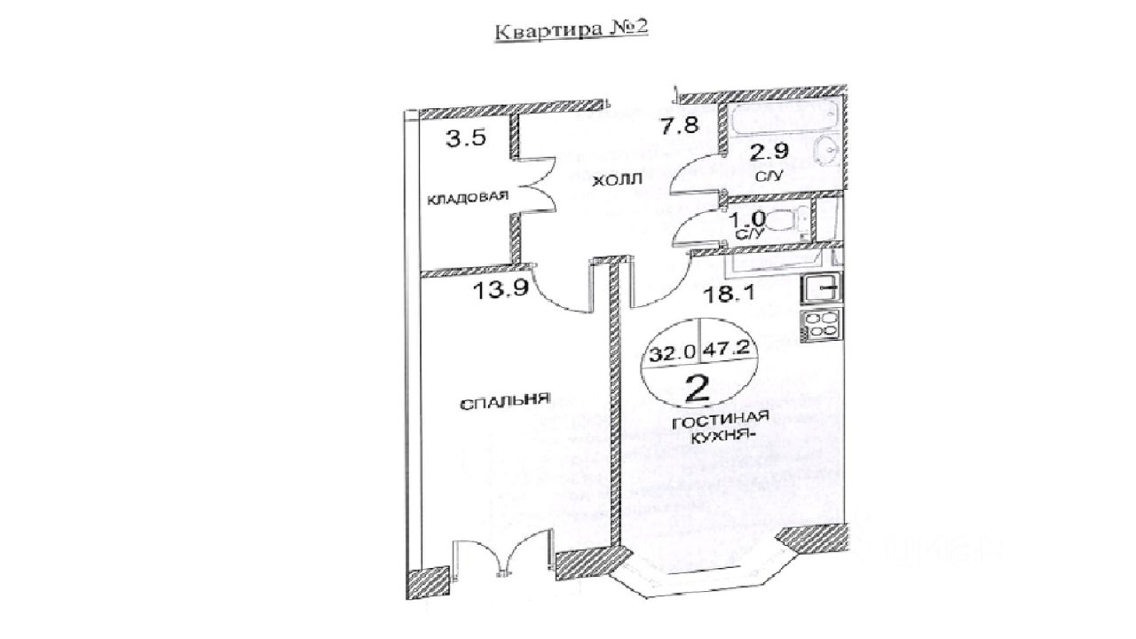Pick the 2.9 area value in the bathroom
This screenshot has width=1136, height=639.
(x=769, y=151)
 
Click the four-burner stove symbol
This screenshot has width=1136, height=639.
(x=822, y=325)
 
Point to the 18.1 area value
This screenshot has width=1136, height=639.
(x=730, y=291)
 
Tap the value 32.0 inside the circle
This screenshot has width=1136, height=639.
(x=672, y=351)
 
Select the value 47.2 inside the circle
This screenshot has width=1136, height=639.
(x=727, y=349)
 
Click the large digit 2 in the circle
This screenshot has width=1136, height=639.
(x=699, y=387)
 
